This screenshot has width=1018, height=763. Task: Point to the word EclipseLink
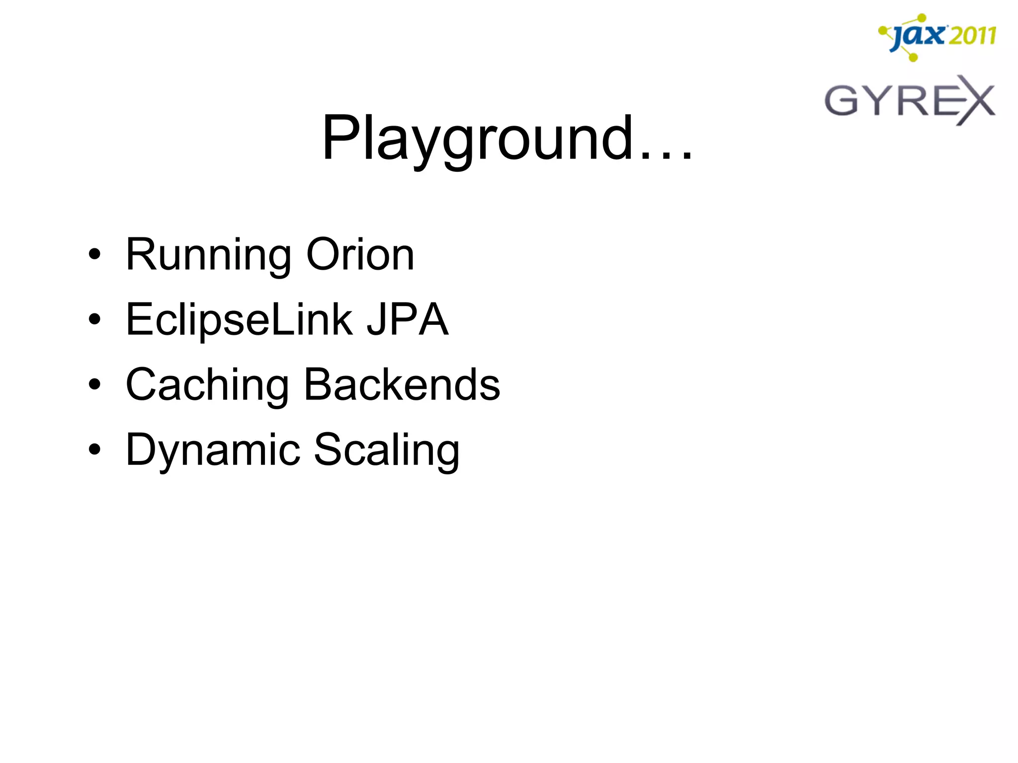[239, 320]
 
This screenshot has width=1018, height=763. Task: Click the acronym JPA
[407, 320]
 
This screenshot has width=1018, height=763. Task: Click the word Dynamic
[213, 451]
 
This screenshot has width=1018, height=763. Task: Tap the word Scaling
[387, 451]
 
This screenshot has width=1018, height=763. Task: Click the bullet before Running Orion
[94, 255]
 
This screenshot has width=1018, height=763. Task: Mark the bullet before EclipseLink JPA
[94, 320]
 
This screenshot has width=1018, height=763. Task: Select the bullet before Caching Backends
[94, 385]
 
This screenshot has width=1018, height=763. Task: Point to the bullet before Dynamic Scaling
[94, 450]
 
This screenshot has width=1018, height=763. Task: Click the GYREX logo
[909, 100]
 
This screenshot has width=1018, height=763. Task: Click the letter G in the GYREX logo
[842, 101]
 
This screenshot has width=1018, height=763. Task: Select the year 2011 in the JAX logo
[972, 36]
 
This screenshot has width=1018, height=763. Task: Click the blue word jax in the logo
[917, 36]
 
